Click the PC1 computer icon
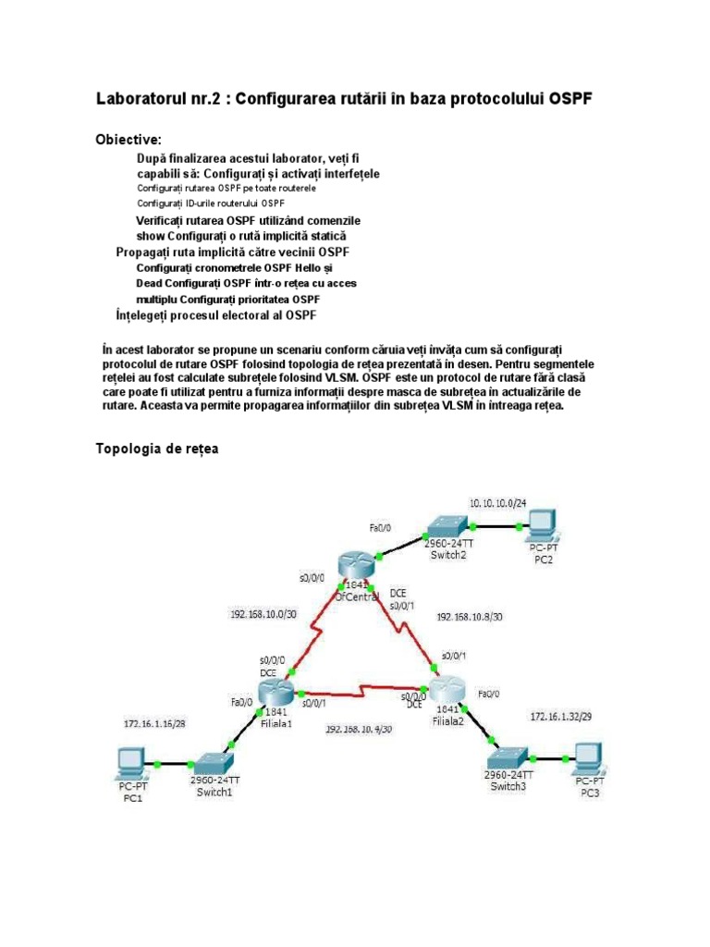click(127, 764)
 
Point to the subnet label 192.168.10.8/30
click(469, 616)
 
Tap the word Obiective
click(129, 140)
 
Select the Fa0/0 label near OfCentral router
click(380, 527)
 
